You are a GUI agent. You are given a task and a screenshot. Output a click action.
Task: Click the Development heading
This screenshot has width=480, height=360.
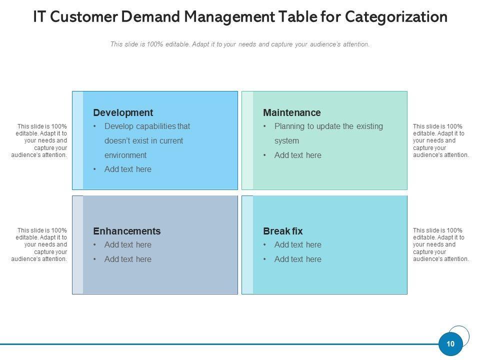[x=123, y=112]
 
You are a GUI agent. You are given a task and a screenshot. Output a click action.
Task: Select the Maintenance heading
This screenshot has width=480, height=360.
[x=292, y=112]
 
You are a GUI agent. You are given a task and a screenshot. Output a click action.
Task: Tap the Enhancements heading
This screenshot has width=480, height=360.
[x=127, y=231]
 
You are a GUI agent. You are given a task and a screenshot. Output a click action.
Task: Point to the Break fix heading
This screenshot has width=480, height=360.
[x=283, y=231]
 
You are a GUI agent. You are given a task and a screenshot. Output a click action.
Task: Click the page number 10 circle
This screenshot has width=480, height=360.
[x=450, y=344]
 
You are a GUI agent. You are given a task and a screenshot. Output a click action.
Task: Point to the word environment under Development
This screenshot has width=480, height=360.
[x=125, y=155]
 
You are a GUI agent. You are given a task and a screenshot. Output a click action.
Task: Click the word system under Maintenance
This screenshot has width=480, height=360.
[x=286, y=141]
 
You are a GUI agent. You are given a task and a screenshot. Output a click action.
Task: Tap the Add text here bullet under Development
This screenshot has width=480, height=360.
[x=127, y=169]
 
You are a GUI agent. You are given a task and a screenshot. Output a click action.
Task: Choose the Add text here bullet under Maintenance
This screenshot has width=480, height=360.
[x=297, y=155]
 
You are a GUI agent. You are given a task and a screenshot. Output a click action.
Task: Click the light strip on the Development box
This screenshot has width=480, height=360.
[x=77, y=140]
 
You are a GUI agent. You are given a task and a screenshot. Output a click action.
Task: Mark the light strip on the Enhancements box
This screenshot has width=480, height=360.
[x=77, y=244]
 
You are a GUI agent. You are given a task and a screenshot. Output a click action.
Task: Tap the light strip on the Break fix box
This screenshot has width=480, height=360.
[x=247, y=244]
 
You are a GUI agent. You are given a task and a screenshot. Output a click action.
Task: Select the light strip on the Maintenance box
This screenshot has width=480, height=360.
[x=247, y=140]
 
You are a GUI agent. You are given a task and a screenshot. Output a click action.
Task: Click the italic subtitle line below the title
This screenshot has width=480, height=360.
[x=240, y=44]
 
